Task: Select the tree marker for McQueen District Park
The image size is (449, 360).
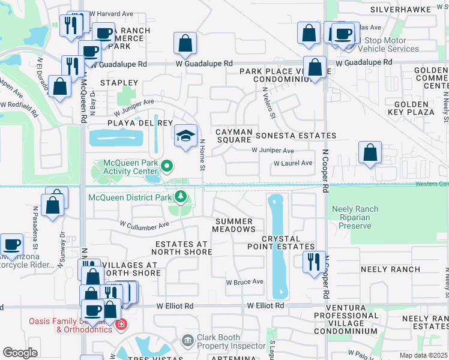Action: click(180, 196)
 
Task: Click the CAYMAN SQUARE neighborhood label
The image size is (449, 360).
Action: click(232, 135)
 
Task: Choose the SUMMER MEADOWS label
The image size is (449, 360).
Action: click(235, 225)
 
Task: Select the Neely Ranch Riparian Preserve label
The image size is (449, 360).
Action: click(354, 217)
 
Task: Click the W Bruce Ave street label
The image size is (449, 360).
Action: click(244, 281)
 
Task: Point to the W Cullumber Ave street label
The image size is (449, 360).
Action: click(145, 226)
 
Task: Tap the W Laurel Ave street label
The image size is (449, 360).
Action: click(293, 163)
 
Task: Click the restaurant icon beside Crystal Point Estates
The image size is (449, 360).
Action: click(314, 262)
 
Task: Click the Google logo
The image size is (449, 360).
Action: click(20, 353)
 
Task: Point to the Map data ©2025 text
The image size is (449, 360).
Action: click(423, 355)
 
